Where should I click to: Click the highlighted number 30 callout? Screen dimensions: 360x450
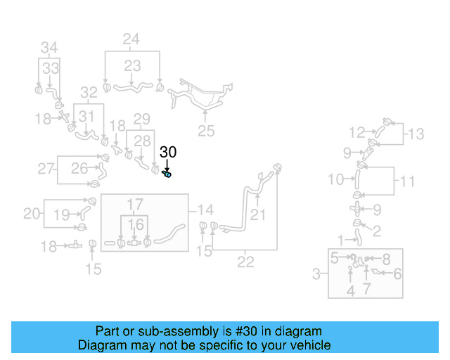tap(168, 151)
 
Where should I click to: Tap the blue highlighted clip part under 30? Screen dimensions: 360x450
tap(168, 173)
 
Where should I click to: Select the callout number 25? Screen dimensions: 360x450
tap(205, 130)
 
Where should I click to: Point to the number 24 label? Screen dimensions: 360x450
tap(131, 39)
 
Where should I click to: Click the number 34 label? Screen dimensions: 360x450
tap(49, 48)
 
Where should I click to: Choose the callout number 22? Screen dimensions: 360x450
tap(245, 262)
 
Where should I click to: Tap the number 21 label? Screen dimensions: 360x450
tap(259, 214)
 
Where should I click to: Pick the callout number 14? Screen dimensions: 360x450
tap(205, 210)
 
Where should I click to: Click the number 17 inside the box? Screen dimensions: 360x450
tap(135, 205)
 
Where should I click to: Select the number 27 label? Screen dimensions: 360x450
tap(46, 168)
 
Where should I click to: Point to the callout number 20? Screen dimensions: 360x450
tap(32, 213)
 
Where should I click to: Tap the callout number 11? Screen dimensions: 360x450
tap(408, 181)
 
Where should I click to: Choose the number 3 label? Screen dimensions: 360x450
tap(317, 274)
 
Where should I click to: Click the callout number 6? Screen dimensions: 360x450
tap(397, 274)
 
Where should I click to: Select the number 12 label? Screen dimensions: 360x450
tap(357, 131)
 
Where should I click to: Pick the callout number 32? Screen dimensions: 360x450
tap(89, 92)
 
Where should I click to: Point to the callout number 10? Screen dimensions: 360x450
tap(336, 180)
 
